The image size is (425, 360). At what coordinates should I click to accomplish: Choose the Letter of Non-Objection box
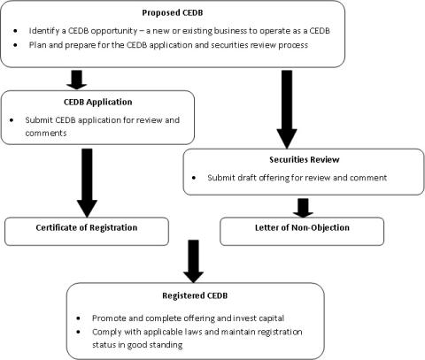coord(300,228)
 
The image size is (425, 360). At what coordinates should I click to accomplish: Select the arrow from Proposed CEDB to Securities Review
coord(284,106)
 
